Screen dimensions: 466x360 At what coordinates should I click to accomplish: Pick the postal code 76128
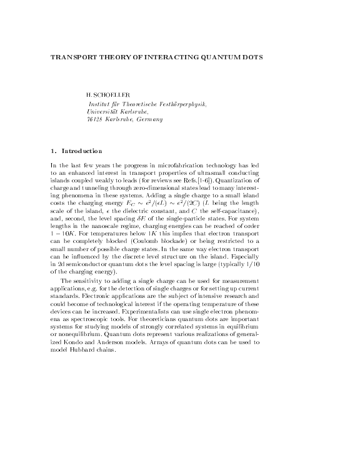click(95, 119)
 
